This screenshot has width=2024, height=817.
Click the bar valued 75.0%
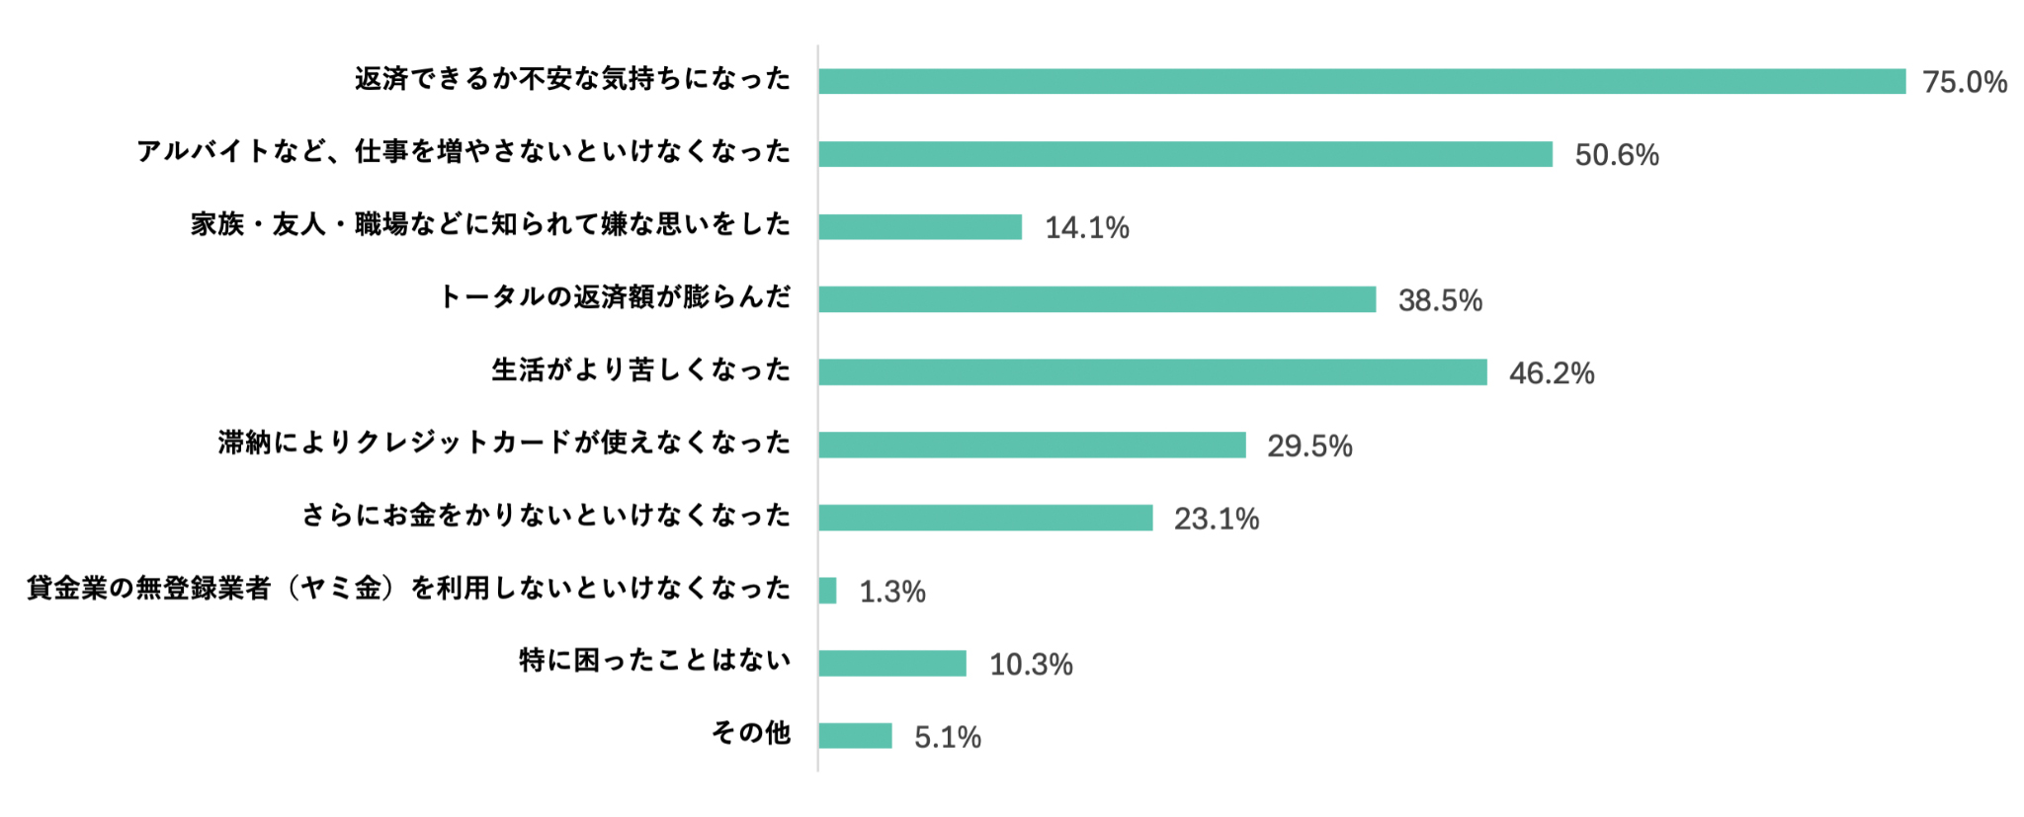(x=1362, y=81)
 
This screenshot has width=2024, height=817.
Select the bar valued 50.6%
(x=1185, y=154)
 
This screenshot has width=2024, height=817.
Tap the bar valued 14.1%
(x=920, y=227)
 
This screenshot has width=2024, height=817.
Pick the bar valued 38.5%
(x=1097, y=299)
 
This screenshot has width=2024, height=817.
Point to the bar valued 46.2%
(x=1152, y=372)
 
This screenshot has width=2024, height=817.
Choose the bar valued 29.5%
(x=1032, y=446)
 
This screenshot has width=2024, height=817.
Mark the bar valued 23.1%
(x=985, y=518)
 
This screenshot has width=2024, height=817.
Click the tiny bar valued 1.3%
(x=827, y=591)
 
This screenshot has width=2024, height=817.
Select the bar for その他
(x=855, y=736)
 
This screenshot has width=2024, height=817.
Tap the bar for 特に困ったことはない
(x=892, y=663)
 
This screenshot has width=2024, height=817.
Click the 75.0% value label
(x=1964, y=82)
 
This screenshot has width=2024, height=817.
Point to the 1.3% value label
(x=891, y=592)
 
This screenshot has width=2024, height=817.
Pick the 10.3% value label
(x=1031, y=665)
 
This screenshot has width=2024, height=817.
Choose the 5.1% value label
(x=947, y=738)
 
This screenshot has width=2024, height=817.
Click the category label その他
(x=751, y=733)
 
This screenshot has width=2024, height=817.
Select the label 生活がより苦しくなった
(x=641, y=370)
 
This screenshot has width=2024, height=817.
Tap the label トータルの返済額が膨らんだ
(x=614, y=297)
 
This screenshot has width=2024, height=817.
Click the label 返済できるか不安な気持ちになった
(x=573, y=79)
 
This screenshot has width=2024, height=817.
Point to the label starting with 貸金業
(x=408, y=589)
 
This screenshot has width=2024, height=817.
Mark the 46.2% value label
(x=1551, y=373)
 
